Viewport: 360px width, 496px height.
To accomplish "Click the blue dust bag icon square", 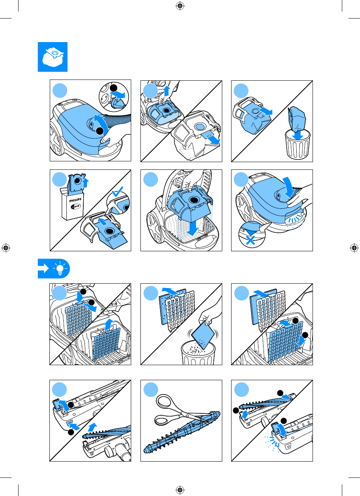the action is pyautogui.click(x=53, y=57).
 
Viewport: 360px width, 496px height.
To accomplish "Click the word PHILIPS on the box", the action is pyautogui.click(x=75, y=200).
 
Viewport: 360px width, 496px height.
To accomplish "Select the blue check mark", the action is pyautogui.click(x=117, y=192).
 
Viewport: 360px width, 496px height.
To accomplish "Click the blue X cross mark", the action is pyautogui.click(x=250, y=240).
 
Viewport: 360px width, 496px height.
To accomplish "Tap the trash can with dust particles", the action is pyautogui.click(x=198, y=354).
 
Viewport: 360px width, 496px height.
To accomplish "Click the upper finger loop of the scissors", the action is pyautogui.click(x=164, y=401).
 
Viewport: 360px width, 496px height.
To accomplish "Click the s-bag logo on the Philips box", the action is pyautogui.click(x=76, y=207).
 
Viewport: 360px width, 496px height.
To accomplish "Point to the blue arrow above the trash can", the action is pyautogui.click(x=297, y=135).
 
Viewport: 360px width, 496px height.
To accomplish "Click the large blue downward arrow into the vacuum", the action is pyautogui.click(x=193, y=228).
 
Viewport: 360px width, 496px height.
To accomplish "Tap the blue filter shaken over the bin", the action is pyautogui.click(x=203, y=335).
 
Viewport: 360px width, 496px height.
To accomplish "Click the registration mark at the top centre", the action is pyautogui.click(x=180, y=6).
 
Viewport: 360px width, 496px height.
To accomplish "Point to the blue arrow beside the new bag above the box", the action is pyautogui.click(x=85, y=183).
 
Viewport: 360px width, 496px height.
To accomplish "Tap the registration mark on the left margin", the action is pyautogui.click(x=6, y=248).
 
